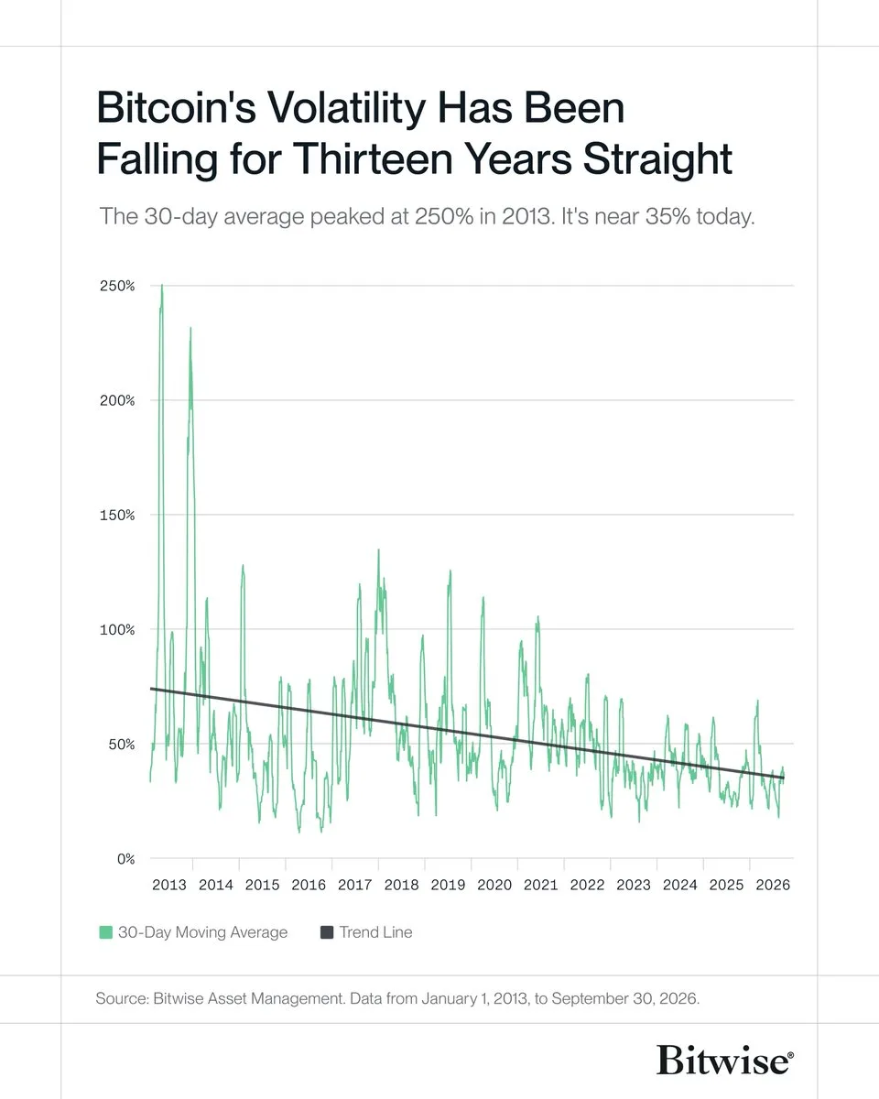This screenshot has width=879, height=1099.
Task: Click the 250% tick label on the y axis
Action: [x=117, y=286]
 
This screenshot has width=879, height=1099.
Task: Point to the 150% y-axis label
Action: [x=117, y=515]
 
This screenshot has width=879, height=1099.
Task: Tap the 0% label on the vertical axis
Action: [x=125, y=858]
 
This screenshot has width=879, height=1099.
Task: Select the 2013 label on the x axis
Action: [x=169, y=885]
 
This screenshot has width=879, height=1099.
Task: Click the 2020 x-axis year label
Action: [x=494, y=885]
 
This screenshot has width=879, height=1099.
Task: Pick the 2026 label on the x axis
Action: [x=773, y=885]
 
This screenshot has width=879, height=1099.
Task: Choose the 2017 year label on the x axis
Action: [x=355, y=885]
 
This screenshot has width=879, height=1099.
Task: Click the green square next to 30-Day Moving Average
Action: [x=105, y=932]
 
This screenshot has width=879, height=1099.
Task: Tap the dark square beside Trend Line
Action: [x=327, y=932]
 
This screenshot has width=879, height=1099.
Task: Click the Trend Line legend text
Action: [x=376, y=932]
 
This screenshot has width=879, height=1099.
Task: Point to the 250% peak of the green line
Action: [x=162, y=285]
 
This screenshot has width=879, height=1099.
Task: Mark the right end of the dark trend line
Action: [x=784, y=778]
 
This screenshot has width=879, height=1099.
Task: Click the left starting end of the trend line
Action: [x=151, y=689]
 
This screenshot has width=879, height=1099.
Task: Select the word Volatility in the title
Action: [x=346, y=108]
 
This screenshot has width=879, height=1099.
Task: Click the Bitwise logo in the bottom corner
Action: [x=725, y=1061]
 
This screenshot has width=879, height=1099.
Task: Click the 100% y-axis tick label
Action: [x=117, y=630]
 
